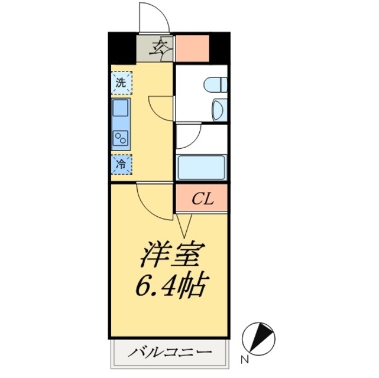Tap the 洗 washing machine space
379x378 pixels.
coord(121,83)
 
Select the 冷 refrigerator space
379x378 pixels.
coord(121,164)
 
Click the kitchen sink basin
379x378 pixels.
coord(121,108)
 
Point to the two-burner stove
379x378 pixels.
coord(121,138)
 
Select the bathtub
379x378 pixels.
coord(202,167)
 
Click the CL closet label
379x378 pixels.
coord(202,198)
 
